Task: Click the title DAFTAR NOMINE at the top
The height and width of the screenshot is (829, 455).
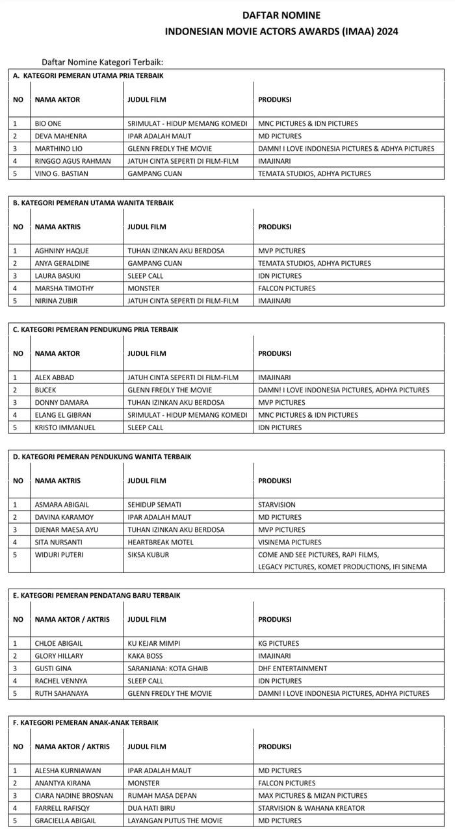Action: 281,15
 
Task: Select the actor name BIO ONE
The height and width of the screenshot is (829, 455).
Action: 48,123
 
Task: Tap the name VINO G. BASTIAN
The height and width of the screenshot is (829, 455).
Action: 62,173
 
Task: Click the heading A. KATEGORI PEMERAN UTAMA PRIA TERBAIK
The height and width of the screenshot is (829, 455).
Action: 88,75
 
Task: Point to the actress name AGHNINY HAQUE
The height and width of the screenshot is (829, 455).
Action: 62,251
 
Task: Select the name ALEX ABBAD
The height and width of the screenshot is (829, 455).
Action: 55,377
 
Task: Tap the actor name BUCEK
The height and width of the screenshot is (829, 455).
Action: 45,390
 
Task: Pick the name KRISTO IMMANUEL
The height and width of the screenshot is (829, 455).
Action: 65,427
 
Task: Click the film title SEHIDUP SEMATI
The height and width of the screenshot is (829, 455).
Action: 154,505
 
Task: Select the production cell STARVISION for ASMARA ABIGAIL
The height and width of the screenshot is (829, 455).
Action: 276,505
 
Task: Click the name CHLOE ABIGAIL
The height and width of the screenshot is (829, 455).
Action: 58,644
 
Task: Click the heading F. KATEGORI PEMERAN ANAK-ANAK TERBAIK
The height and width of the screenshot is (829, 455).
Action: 85,722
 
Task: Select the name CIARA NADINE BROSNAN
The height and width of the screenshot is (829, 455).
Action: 73,796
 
